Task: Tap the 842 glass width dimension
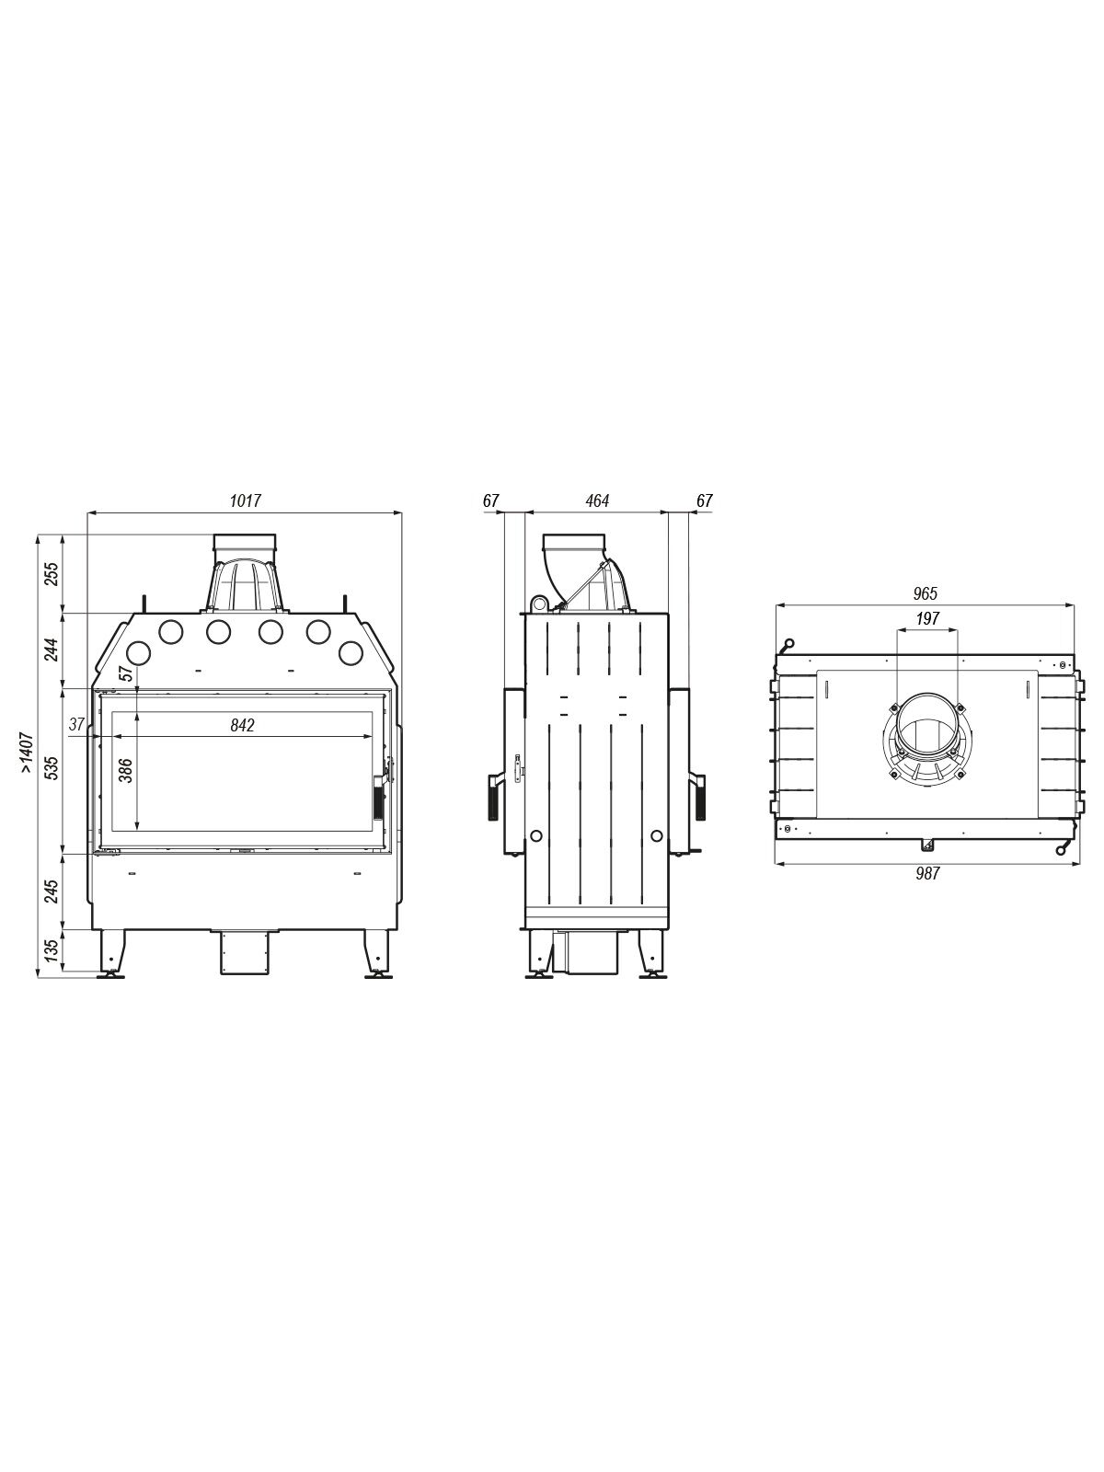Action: click(242, 725)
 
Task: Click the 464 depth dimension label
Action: click(596, 501)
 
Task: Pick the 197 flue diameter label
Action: click(927, 618)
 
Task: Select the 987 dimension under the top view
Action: click(927, 873)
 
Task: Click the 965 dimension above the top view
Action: click(925, 593)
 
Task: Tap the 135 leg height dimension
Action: click(52, 950)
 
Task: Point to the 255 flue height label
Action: click(52, 573)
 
